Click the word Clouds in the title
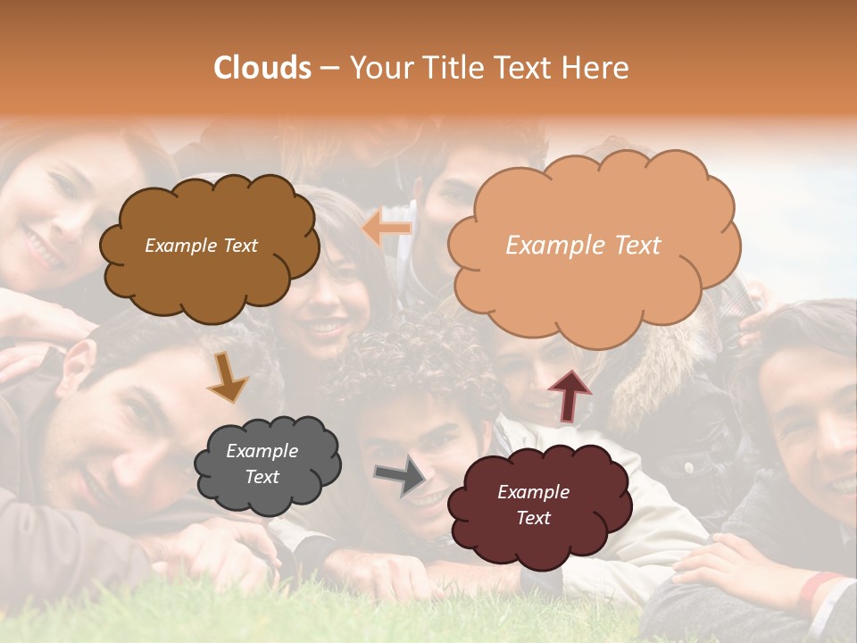[x=262, y=68]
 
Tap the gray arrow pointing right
[x=400, y=475]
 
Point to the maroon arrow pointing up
[x=570, y=396]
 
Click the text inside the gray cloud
[x=262, y=464]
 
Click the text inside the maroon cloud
[x=533, y=505]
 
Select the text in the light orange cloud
[x=583, y=246]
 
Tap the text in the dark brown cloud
[x=201, y=246]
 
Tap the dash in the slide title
[x=329, y=69]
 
